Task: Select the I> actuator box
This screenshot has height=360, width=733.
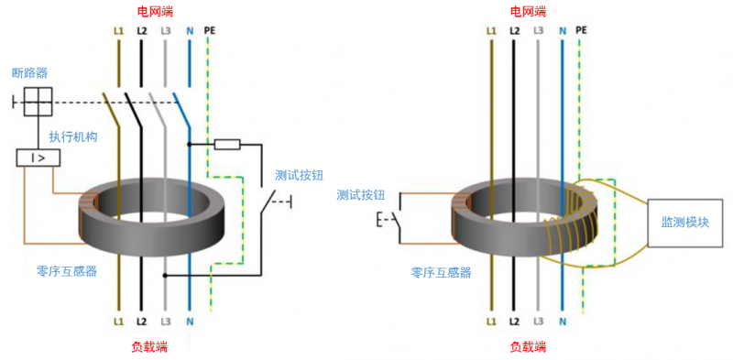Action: click(x=38, y=158)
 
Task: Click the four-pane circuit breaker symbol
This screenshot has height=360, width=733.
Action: click(x=38, y=102)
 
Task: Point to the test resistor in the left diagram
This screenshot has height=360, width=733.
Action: click(x=227, y=144)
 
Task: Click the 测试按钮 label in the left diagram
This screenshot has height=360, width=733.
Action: click(x=300, y=176)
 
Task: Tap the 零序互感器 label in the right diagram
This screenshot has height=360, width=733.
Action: click(x=441, y=272)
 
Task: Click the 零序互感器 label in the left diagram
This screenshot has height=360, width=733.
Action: click(x=67, y=271)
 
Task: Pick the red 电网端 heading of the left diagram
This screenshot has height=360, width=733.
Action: click(x=155, y=11)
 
